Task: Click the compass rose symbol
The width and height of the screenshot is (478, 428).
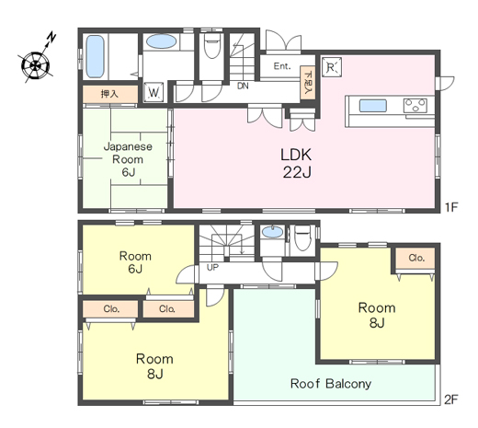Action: (36, 64)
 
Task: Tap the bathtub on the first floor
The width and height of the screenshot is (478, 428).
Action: (95, 56)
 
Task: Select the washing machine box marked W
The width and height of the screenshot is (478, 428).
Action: (154, 92)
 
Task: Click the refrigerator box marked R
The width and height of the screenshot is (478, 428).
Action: (332, 67)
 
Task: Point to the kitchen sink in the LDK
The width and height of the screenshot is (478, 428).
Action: (372, 106)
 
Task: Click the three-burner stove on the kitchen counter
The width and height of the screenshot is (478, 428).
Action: (415, 106)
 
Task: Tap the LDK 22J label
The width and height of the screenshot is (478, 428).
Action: (296, 163)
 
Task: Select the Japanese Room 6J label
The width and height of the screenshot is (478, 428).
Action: (128, 159)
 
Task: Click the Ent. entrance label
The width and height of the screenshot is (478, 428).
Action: (282, 66)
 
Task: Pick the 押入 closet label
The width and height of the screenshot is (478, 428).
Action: (109, 94)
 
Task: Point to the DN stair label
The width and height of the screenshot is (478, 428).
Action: (243, 86)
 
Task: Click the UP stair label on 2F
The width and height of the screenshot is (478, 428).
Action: (212, 268)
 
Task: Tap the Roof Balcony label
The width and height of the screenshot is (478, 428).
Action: (331, 384)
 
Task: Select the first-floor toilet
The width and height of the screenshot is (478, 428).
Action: (212, 46)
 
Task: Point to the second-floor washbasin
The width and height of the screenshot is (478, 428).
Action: (273, 232)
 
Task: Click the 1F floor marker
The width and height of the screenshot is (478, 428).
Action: (451, 207)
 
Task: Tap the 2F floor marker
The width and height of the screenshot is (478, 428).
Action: (451, 399)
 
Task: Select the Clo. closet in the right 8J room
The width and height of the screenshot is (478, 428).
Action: (416, 258)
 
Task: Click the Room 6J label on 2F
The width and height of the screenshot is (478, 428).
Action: (135, 262)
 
